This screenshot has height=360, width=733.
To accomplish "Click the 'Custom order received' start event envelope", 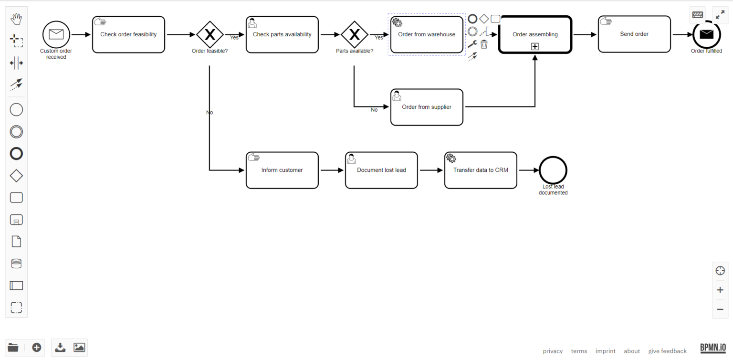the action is coord(56,34).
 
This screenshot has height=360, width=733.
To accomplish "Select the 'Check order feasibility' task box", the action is coord(128,34).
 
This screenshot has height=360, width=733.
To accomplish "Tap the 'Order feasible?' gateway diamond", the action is coord(210,34).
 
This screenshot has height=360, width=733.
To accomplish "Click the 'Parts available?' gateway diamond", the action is coord(355,34).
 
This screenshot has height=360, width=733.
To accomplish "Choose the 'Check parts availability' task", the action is coord(282,34).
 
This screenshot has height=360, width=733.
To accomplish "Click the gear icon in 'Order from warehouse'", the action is coord(397,22).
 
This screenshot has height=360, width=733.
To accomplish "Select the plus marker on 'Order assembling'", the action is coord(534,46).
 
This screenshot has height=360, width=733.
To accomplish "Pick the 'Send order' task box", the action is coord(634,34).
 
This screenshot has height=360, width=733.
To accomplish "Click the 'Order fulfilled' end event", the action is coord(706,34).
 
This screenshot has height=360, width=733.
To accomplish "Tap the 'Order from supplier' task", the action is coord(427,107).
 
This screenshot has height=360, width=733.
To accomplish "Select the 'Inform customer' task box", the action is coord(282,170).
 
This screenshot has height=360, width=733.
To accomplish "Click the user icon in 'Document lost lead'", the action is coord(351,159).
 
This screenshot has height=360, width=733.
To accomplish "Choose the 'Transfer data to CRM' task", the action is coord(481,170).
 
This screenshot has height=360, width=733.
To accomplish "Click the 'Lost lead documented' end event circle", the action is coord(553,170).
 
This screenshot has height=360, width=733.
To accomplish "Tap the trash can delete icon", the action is coord(484,44).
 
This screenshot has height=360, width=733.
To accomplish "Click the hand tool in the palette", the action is coord(16,19).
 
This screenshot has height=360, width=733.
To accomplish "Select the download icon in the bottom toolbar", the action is coord(60,347).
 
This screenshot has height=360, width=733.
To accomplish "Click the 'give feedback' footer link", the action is coord(668,351).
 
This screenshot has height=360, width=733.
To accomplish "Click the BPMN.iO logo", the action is coord(713,348).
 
